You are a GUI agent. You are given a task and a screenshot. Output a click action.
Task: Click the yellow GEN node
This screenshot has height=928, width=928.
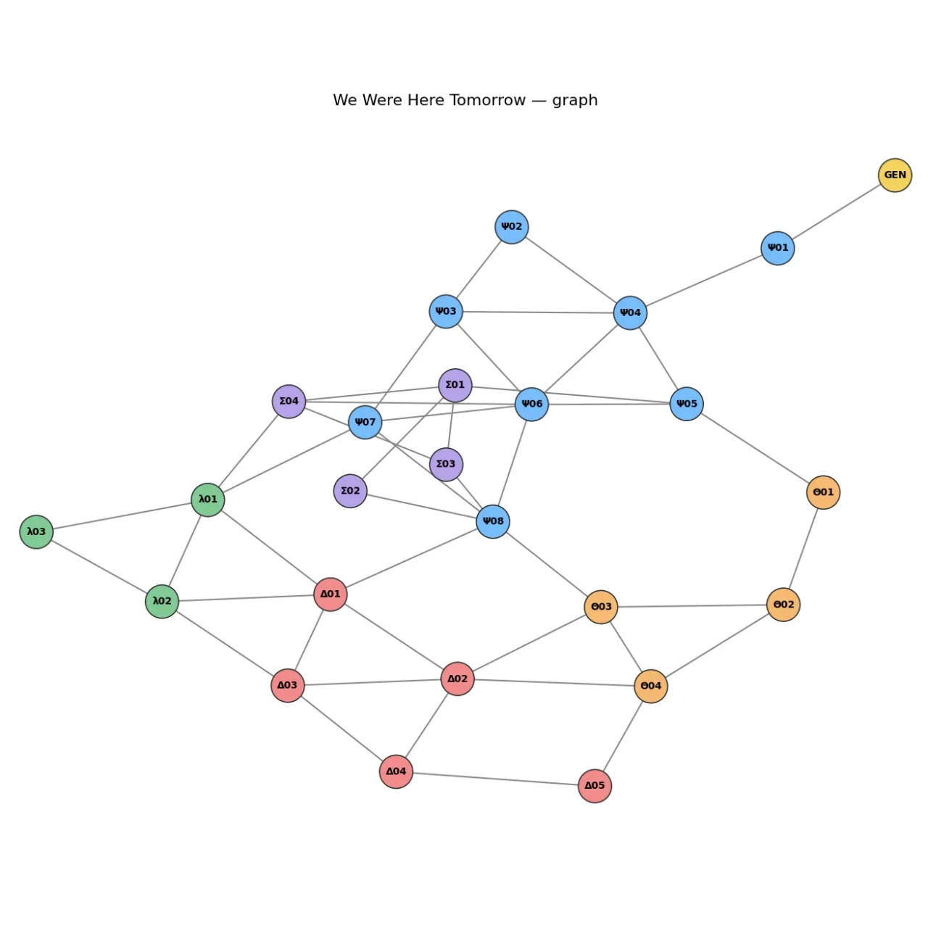pos(895,175)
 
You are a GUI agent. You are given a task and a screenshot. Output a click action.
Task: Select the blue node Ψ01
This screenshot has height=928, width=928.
pos(777,248)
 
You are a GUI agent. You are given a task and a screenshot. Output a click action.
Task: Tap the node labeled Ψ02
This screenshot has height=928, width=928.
pos(511,227)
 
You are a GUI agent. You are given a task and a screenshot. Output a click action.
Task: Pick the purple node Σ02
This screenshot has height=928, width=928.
pos(350,491)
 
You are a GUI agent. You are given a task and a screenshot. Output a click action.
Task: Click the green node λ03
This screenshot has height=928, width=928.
pos(36,531)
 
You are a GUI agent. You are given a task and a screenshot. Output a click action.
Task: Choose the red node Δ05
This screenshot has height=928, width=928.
pos(594,786)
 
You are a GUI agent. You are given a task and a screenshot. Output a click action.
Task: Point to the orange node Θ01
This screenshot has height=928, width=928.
pos(823,492)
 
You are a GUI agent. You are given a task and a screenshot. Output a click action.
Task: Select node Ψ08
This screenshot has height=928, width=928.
pos(493,521)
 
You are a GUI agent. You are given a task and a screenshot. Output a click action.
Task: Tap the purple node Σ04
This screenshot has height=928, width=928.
pos(289,401)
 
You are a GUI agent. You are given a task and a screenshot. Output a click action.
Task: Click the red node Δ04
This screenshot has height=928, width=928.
pos(396,771)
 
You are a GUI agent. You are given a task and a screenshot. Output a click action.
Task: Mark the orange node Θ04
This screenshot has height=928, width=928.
pos(650,686)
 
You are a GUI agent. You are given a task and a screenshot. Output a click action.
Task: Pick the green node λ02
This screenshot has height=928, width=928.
pos(162,601)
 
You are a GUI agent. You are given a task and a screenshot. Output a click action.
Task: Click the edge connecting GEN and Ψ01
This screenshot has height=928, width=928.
pos(836,212)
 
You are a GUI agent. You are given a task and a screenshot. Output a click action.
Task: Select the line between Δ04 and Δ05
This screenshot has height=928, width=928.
pos(495,779)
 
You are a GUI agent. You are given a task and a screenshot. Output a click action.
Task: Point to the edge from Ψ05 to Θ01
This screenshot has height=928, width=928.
pos(755,448)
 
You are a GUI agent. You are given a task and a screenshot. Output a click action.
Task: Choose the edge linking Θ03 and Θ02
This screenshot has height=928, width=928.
pos(692,606)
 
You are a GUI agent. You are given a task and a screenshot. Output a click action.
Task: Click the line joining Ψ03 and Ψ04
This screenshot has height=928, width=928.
pos(538,312)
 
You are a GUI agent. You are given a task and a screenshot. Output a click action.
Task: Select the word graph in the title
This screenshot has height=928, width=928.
pos(574,101)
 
